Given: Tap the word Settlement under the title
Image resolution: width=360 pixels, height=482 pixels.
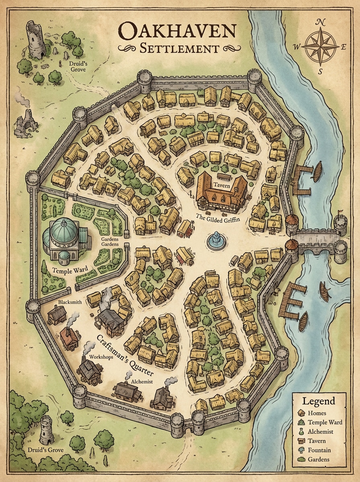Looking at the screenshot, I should [179, 49].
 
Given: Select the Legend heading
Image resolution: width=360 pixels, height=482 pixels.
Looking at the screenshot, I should [319, 401].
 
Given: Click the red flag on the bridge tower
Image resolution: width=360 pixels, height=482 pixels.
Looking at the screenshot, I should [341, 211].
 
